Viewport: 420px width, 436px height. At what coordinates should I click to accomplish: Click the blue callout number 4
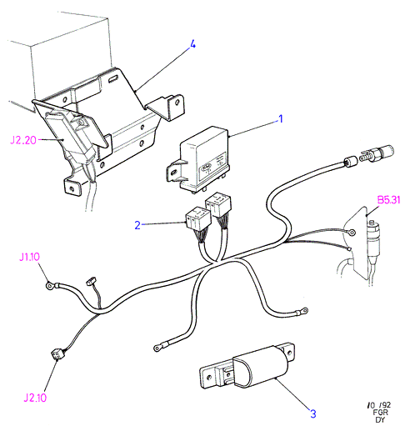[192, 44]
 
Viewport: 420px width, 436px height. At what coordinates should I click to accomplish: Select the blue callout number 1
[281, 119]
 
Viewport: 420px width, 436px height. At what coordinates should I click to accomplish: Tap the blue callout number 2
[137, 225]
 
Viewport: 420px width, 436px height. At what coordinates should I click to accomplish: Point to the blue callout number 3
[313, 414]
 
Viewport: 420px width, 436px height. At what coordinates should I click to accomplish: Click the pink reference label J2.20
[23, 140]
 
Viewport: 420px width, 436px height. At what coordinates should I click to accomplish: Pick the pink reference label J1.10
[29, 257]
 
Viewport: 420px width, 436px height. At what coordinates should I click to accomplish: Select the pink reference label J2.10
[35, 398]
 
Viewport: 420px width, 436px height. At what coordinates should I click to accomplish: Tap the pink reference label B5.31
[388, 200]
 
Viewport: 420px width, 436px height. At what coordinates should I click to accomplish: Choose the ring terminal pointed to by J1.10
[50, 285]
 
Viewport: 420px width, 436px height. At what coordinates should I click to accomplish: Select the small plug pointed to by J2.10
[57, 355]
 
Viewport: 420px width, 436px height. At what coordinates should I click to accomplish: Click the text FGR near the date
[381, 413]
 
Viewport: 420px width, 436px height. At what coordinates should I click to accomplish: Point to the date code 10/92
[379, 405]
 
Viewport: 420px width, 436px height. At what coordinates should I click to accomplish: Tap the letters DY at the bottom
[380, 419]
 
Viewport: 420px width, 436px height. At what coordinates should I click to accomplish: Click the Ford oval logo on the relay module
[206, 167]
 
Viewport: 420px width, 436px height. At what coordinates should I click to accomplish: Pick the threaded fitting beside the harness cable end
[377, 153]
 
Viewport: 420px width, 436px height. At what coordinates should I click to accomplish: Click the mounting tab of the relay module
[174, 171]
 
